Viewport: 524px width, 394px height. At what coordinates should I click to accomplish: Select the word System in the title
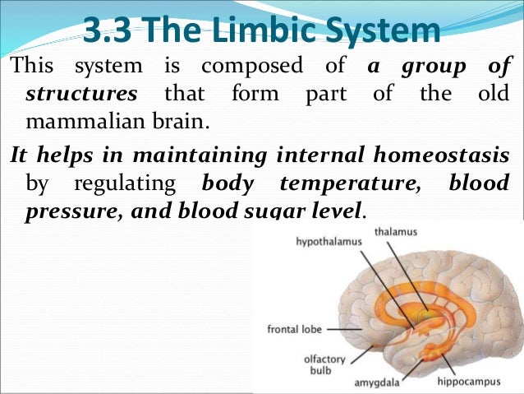point(385,30)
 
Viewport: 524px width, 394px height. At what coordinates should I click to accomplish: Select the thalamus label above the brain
point(395,233)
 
